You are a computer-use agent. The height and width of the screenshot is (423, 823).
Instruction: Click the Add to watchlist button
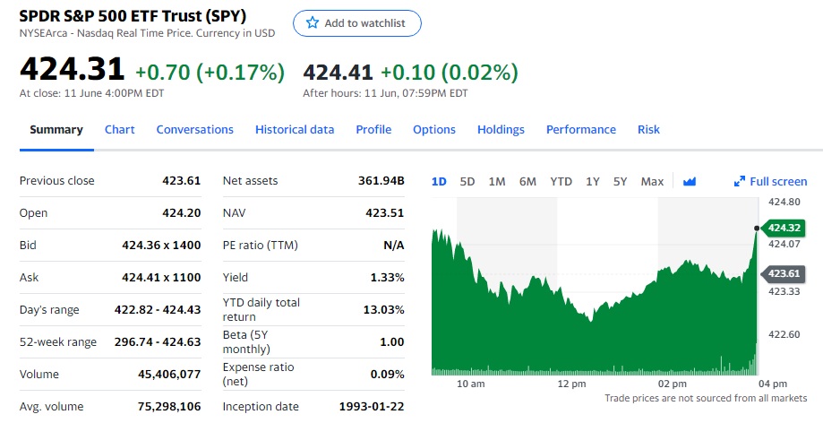click(x=356, y=23)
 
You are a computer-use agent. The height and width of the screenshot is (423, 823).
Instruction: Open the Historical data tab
click(x=295, y=130)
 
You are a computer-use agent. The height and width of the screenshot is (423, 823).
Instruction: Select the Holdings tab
click(x=501, y=130)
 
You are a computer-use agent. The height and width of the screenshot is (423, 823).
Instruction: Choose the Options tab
click(x=434, y=130)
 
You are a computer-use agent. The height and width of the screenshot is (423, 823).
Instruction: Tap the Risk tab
click(x=648, y=130)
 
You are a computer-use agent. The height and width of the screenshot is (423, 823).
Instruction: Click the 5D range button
click(x=467, y=181)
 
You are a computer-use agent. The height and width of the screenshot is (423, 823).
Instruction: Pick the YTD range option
click(x=561, y=181)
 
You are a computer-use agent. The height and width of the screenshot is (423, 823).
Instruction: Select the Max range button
click(x=652, y=181)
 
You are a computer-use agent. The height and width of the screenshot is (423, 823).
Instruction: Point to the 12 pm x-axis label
click(x=571, y=384)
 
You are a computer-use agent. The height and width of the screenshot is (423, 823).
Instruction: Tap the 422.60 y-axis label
click(x=784, y=335)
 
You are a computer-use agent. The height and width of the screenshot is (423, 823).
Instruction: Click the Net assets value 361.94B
click(x=381, y=181)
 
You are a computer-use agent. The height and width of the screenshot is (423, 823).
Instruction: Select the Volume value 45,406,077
click(x=169, y=375)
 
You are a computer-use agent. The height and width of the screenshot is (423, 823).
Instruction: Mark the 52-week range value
click(x=158, y=342)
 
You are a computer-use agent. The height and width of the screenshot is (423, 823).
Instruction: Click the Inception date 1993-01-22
click(x=372, y=407)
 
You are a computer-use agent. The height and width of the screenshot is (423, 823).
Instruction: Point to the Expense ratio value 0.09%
click(x=387, y=375)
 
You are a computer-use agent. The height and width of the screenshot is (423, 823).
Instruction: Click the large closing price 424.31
click(x=72, y=70)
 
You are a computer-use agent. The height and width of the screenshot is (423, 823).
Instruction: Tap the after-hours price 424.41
click(x=338, y=72)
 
